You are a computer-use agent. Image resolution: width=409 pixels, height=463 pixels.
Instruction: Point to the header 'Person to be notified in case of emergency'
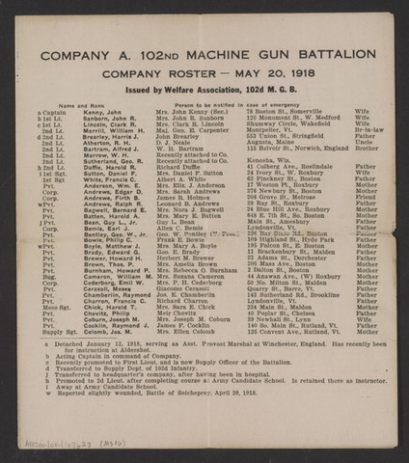(232, 104)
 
